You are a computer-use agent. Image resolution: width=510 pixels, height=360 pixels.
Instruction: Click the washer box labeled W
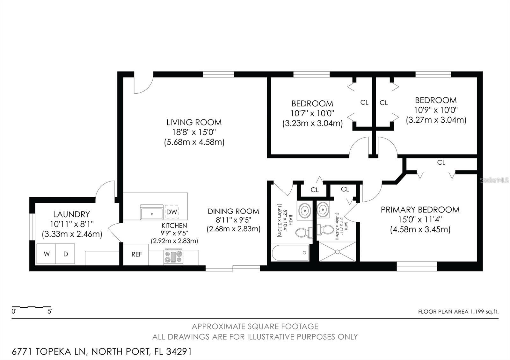(x=47, y=254)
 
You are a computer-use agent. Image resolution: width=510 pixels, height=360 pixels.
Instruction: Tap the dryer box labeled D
(x=65, y=254)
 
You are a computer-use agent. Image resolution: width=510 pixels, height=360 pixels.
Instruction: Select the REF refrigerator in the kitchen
(x=136, y=254)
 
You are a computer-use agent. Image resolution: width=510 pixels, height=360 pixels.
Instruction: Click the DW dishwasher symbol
(x=171, y=212)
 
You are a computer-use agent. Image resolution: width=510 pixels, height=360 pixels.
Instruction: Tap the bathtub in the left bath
(x=290, y=253)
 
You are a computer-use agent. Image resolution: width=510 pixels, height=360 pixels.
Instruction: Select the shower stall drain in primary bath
(x=338, y=252)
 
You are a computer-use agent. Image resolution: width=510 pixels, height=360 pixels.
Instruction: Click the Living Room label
(x=194, y=122)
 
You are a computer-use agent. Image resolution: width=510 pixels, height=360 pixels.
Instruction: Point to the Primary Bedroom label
(x=420, y=210)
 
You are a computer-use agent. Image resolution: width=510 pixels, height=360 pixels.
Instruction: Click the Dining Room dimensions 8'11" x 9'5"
(x=233, y=220)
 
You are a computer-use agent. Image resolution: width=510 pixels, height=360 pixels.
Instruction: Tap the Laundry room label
(x=71, y=214)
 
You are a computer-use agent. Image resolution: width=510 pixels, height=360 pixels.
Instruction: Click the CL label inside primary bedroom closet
(x=441, y=162)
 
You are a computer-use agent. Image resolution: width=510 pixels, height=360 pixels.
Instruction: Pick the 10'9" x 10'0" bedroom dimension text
(x=436, y=110)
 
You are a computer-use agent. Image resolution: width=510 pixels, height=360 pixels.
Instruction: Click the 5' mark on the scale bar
(x=50, y=311)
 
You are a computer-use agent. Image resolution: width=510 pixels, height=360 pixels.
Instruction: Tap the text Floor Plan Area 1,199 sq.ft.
(x=458, y=312)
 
